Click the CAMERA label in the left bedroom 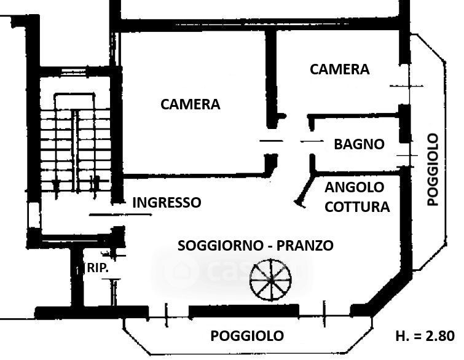pyautogui.click(x=190, y=104)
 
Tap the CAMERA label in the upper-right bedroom pyautogui.click(x=339, y=69)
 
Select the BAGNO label pyautogui.click(x=359, y=144)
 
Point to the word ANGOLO pyautogui.click(x=354, y=187)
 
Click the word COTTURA pyautogui.click(x=357, y=206)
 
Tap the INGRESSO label pyautogui.click(x=167, y=202)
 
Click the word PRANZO pyautogui.click(x=305, y=246)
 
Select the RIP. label pyautogui.click(x=98, y=268)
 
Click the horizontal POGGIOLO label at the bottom pyautogui.click(x=247, y=336)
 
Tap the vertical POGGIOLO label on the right pyautogui.click(x=433, y=169)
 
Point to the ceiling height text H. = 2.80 pyautogui.click(x=424, y=336)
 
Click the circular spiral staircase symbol pyautogui.click(x=269, y=280)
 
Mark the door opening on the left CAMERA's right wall pyautogui.click(x=270, y=141)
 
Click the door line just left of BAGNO pyautogui.click(x=312, y=142)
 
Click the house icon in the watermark pyautogui.click(x=183, y=268)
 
